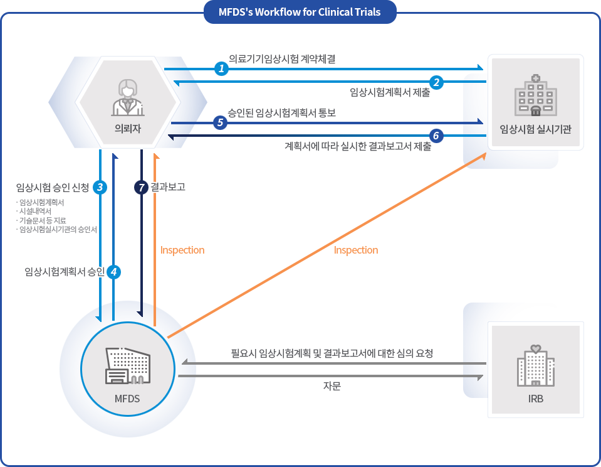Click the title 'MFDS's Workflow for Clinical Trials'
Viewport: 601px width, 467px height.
[x=300, y=12]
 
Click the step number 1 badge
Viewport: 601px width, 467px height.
[x=221, y=68]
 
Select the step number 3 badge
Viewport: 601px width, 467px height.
[x=100, y=187]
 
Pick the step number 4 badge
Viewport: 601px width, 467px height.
[x=113, y=272]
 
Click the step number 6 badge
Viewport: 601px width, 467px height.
[x=436, y=136]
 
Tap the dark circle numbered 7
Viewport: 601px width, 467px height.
[x=141, y=187]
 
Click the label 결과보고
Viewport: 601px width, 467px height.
[x=168, y=187]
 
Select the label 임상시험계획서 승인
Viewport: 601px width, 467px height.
[x=64, y=272]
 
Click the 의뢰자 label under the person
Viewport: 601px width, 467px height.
[x=127, y=130]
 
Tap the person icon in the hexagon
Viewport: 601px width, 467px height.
[x=127, y=97]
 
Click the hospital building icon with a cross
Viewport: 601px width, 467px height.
[x=535, y=94]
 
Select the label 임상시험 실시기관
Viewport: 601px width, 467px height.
[x=536, y=129]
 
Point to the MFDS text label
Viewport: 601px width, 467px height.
[x=127, y=399]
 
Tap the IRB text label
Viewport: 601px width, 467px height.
[x=535, y=399]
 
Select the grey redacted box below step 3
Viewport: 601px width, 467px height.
[x=55, y=215]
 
